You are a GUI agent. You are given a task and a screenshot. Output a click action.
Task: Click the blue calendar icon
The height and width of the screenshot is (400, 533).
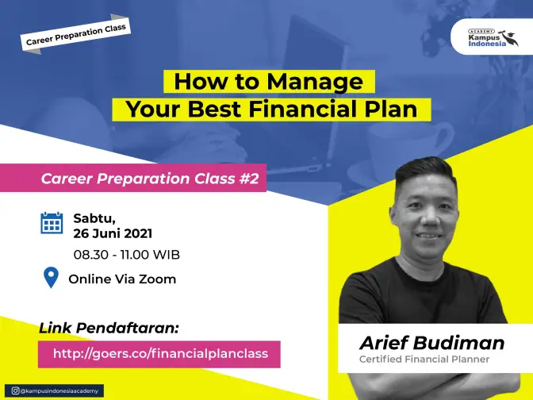click(52, 223)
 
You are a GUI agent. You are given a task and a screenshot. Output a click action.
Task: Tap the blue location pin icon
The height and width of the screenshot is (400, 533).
click(51, 278)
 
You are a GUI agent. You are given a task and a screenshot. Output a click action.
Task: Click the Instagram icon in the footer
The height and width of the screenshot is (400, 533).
click(15, 390)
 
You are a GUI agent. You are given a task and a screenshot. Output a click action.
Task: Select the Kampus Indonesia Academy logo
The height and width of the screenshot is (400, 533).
click(493, 37)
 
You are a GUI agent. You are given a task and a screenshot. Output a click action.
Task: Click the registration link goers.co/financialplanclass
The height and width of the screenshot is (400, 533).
click(160, 353)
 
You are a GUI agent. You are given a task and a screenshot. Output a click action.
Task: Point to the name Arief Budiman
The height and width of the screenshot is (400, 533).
click(431, 343)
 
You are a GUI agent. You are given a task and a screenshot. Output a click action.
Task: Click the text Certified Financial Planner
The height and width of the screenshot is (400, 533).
click(424, 360)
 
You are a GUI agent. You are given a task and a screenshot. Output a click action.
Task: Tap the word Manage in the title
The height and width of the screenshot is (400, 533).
click(315, 82)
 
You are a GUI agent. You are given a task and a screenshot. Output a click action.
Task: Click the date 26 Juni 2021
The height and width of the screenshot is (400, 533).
click(113, 233)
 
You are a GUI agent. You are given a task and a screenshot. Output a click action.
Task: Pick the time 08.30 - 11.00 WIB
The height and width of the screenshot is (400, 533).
click(126, 255)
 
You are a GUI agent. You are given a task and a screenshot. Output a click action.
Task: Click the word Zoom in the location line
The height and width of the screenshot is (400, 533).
click(157, 279)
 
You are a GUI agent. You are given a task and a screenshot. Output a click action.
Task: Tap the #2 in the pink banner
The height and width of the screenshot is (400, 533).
click(249, 179)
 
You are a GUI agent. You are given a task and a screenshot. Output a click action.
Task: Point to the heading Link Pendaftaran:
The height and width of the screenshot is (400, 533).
click(109, 329)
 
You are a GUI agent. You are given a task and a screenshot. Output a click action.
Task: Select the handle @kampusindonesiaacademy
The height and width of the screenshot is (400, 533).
click(59, 390)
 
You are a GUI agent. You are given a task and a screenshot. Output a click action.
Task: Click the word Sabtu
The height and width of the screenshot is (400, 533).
click(94, 218)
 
